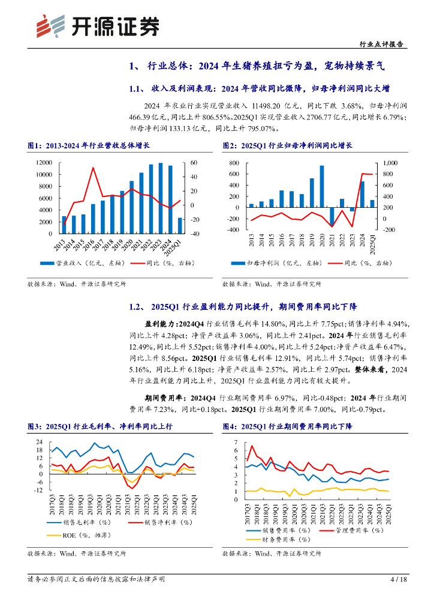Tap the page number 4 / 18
(398, 579)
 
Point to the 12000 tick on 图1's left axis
(43, 163)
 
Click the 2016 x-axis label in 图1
(94, 244)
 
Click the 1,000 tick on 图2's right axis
(390, 163)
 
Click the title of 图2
(287, 146)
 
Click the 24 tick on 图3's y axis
(40, 442)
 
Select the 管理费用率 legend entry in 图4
(348, 531)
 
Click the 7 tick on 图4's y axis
(236, 442)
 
